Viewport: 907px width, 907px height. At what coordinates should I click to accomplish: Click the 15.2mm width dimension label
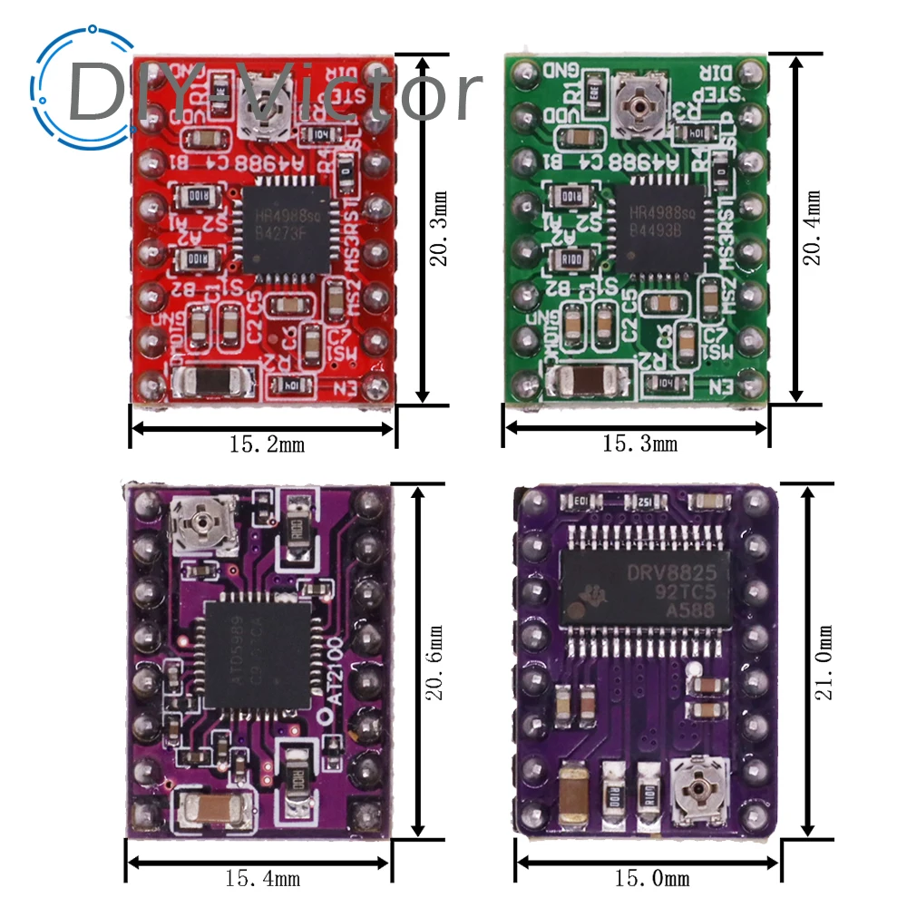pyautogui.click(x=267, y=444)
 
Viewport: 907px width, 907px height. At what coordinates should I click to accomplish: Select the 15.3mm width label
pyautogui.click(x=639, y=444)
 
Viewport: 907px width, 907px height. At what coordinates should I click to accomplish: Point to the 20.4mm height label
pyautogui.click(x=814, y=227)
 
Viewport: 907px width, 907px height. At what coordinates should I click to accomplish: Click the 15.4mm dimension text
pyautogui.click(x=264, y=878)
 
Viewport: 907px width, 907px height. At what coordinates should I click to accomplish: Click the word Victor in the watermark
pyautogui.click(x=363, y=91)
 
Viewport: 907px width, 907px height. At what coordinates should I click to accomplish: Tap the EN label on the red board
pyautogui.click(x=346, y=389)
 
